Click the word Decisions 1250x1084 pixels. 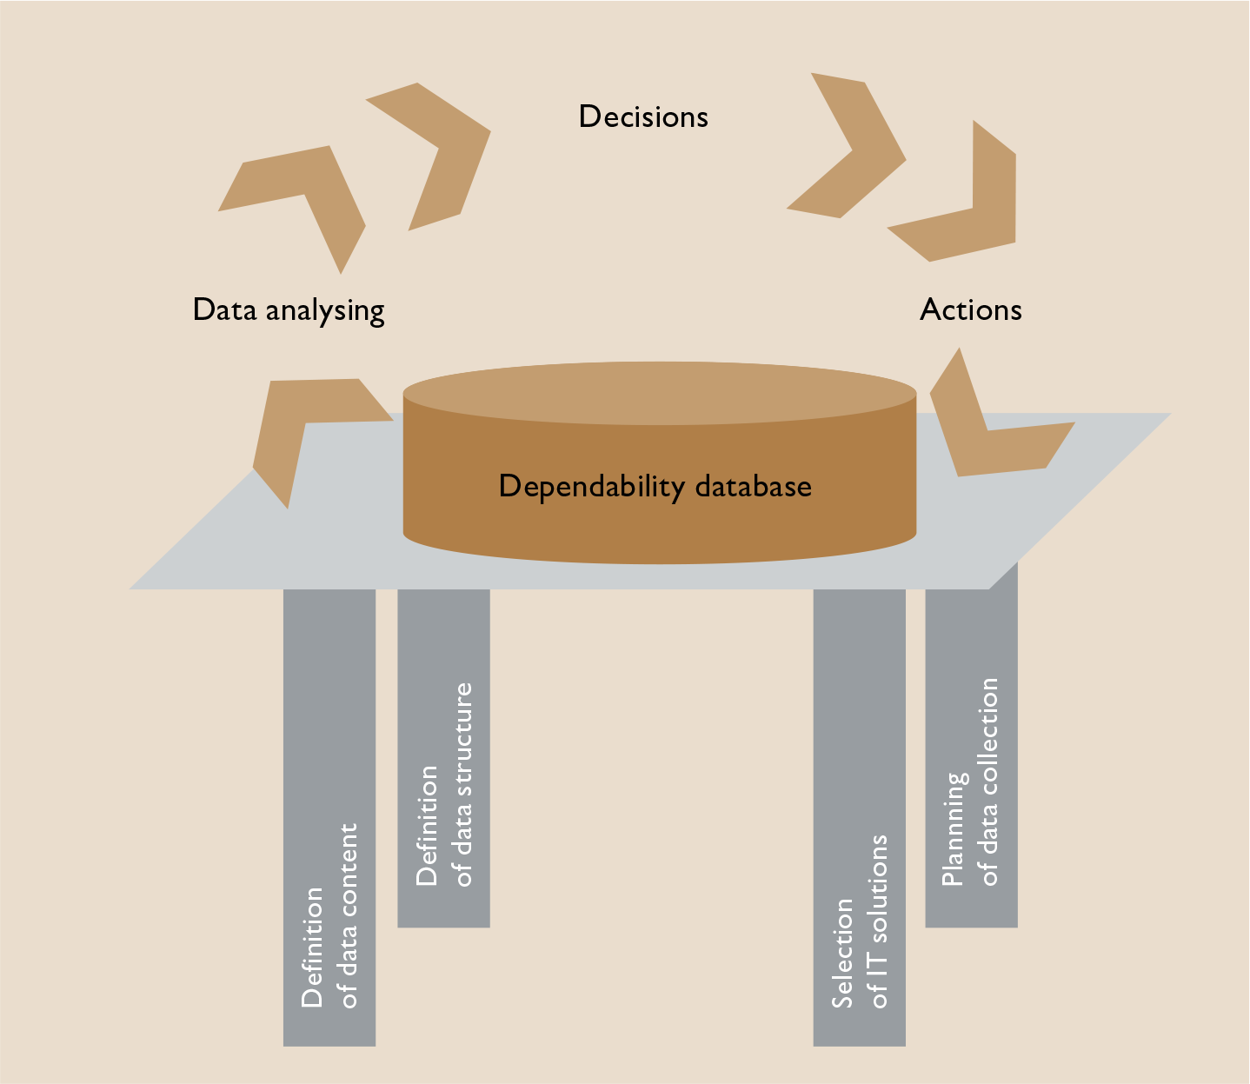pos(643,116)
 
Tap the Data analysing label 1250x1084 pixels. pos(288,310)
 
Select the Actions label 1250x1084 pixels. pos(970,309)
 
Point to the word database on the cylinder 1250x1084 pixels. pos(754,486)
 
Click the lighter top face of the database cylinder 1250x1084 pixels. pos(659,394)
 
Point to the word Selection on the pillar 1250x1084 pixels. pos(842,953)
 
